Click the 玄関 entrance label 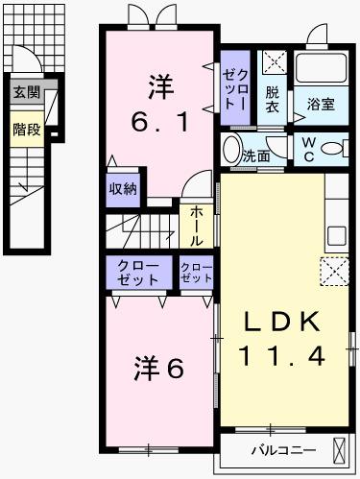click(27, 93)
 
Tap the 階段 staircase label click(27, 129)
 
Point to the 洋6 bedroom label click(158, 367)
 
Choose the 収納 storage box click(122, 187)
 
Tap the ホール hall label click(195, 225)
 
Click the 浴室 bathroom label click(321, 105)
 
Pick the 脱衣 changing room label click(274, 100)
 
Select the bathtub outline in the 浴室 click(321, 69)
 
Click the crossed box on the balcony click(341, 449)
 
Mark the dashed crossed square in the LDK click(334, 272)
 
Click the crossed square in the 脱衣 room click(274, 64)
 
